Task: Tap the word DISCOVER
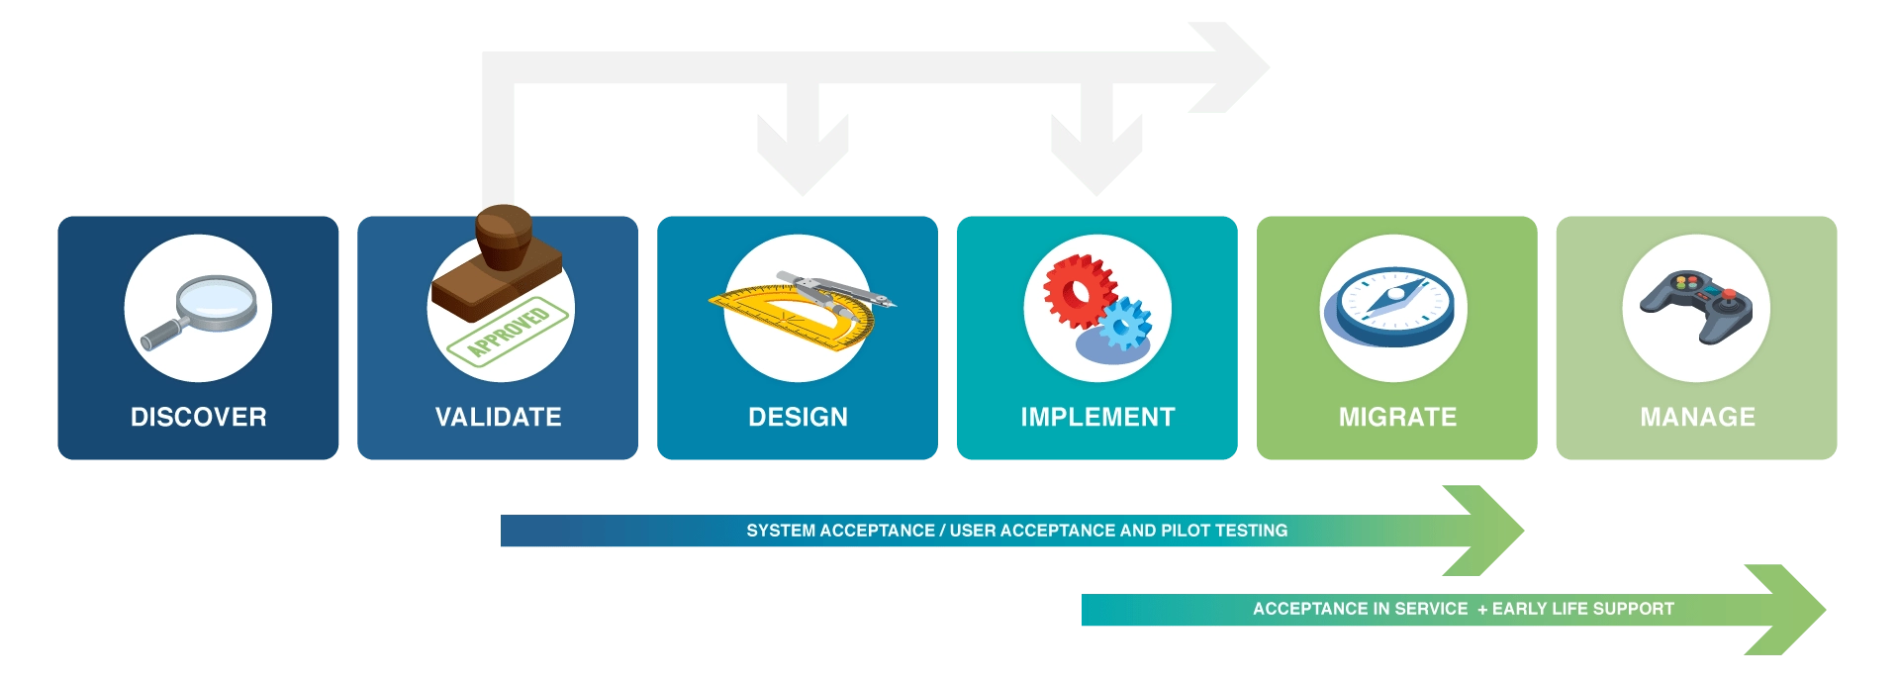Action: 198,417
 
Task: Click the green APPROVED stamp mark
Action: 509,331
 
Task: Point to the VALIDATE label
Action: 498,417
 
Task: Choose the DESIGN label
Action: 798,417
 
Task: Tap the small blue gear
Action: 1125,324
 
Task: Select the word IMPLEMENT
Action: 1097,417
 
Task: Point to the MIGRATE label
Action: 1397,417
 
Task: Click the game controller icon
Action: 1696,305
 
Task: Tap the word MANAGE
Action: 1697,417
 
